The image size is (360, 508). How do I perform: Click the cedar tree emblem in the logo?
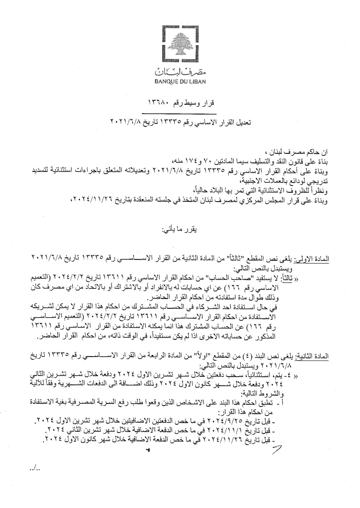pyautogui.click(x=180, y=43)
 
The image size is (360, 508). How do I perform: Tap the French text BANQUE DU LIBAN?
pyautogui.click(x=180, y=80)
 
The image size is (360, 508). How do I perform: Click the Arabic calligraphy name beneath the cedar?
pyautogui.click(x=180, y=71)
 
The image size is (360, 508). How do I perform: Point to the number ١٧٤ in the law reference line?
pyautogui.click(x=191, y=162)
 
